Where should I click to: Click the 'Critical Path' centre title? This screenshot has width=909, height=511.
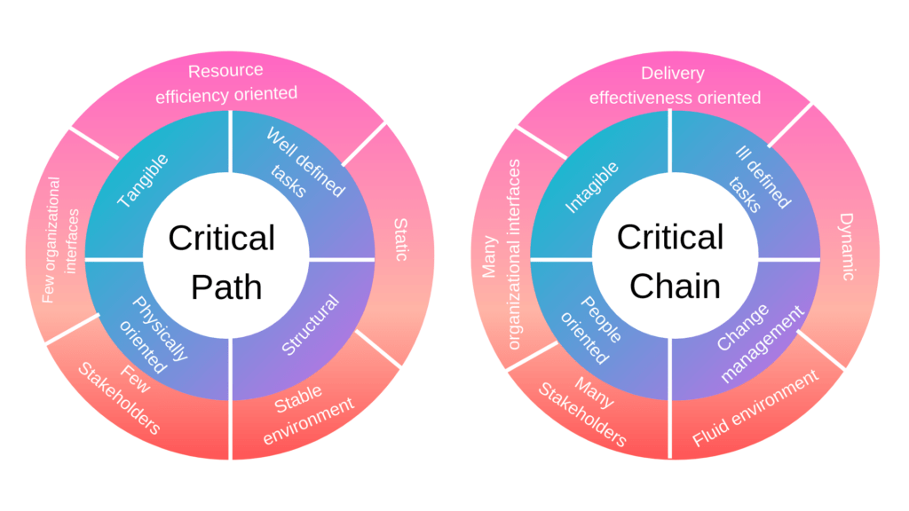tap(222, 263)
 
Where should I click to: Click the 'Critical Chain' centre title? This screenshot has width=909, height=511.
tap(670, 262)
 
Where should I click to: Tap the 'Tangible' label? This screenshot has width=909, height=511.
tap(143, 180)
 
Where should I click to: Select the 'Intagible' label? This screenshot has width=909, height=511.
tap(592, 188)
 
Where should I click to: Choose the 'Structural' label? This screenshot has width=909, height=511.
tap(310, 325)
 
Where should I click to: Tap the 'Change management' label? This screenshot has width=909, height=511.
tap(760, 343)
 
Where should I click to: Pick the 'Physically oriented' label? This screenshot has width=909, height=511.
tap(154, 335)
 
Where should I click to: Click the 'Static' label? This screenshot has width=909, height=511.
tap(400, 240)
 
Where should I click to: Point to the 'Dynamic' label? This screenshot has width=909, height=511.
tap(847, 247)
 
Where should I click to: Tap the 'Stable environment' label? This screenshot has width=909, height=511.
tap(308, 413)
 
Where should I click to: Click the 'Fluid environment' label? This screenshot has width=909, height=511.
tap(755, 408)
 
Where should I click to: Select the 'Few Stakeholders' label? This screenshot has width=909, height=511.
tap(121, 398)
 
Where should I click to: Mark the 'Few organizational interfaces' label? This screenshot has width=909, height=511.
tap(59, 240)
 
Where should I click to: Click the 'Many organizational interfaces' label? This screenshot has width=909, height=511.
tap(502, 255)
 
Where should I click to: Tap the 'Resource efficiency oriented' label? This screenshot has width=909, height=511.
tap(226, 83)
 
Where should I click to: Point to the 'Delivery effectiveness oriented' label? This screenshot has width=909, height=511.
tap(675, 85)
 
